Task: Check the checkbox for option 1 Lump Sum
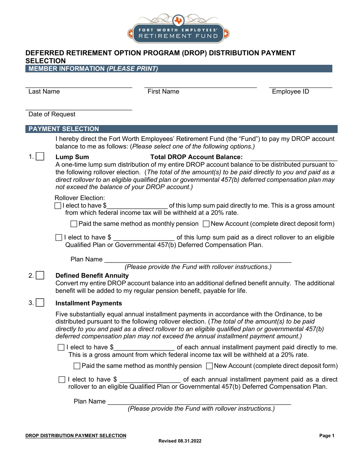click(x=40, y=157)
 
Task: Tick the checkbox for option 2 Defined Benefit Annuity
click(x=40, y=275)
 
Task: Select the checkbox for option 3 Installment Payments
click(x=40, y=303)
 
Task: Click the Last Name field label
click(x=44, y=91)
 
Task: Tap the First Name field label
click(x=163, y=91)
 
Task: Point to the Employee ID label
click(x=290, y=91)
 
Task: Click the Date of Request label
click(x=52, y=114)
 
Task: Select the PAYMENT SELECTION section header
click(x=64, y=129)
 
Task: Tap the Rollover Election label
click(x=80, y=198)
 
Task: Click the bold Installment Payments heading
click(x=89, y=303)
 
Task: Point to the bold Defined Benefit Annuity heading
click(x=92, y=275)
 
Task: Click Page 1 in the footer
click(x=327, y=436)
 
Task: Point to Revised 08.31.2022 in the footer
click(x=180, y=441)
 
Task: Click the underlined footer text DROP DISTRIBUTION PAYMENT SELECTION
click(x=76, y=436)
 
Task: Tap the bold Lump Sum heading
click(x=72, y=157)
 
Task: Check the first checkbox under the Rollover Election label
click(x=58, y=206)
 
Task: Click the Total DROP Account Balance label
click(x=196, y=157)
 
